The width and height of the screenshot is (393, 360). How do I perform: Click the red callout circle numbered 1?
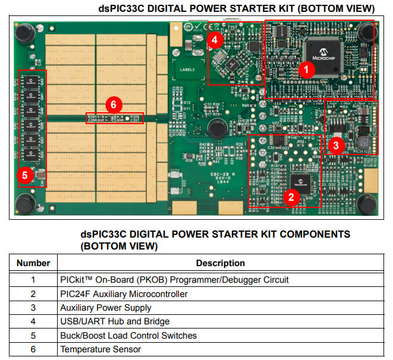click(306, 69)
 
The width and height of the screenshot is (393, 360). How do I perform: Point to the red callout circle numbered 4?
click(216, 40)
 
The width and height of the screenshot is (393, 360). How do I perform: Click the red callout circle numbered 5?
click(25, 175)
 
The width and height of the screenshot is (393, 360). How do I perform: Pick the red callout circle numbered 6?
click(114, 105)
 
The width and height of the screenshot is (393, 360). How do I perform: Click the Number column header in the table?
click(33, 263)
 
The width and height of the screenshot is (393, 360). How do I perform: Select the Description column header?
click(221, 263)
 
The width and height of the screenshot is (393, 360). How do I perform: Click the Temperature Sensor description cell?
click(100, 349)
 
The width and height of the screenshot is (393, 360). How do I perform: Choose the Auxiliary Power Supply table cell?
click(106, 308)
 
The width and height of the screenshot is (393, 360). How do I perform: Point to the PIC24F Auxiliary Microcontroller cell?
click(124, 294)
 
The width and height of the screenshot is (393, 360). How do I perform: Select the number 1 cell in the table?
click(33, 280)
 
